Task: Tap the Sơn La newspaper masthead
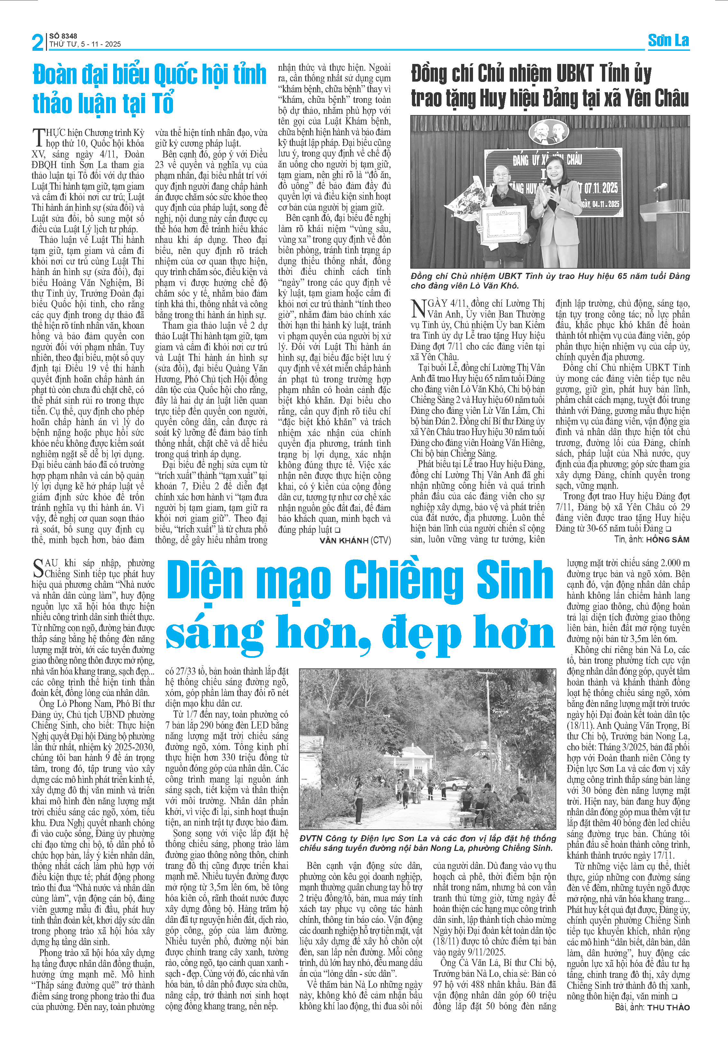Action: (x=668, y=41)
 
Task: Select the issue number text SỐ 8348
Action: (x=63, y=36)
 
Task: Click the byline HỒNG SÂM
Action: (x=667, y=540)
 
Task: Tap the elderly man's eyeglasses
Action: (x=504, y=175)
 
